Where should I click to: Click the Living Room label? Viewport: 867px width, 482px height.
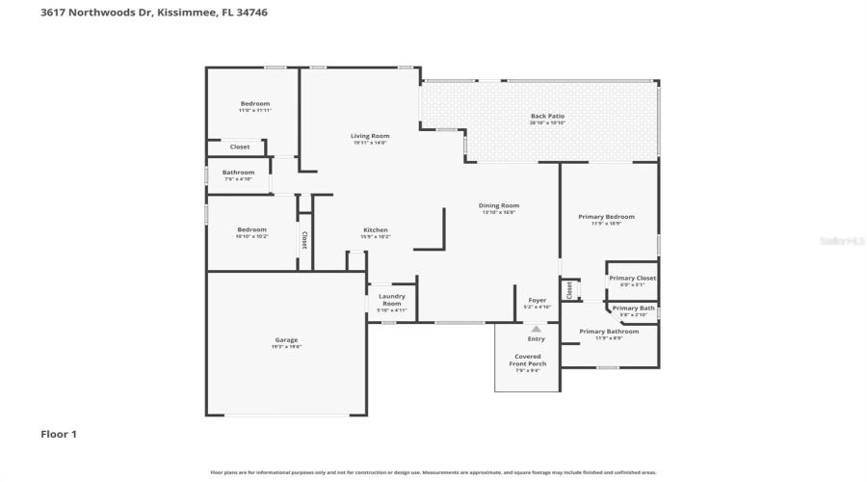pos(370,136)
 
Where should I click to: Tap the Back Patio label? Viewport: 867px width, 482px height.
pos(547,117)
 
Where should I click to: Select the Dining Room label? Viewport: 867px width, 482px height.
pos(499,205)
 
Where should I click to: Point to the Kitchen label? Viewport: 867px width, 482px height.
pos(375,230)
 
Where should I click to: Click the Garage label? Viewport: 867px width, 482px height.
pos(286,340)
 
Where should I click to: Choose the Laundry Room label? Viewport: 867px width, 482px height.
pos(391,300)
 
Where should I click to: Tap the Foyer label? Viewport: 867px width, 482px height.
pos(537,300)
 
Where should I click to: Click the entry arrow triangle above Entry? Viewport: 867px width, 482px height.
pos(537,329)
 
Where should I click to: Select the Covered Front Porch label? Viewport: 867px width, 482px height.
pos(527,360)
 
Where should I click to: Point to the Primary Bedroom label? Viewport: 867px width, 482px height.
pos(606,217)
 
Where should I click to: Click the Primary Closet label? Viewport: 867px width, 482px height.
pos(632,279)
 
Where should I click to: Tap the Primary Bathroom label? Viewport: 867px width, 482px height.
pos(608,332)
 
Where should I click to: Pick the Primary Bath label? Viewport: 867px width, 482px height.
pos(633,308)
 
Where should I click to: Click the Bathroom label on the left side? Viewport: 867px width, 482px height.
pos(238,173)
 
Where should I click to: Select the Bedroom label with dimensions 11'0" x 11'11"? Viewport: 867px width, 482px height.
pos(255,104)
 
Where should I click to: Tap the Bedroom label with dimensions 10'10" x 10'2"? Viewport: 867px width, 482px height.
pos(251,229)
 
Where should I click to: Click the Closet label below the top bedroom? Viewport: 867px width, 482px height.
pos(240,147)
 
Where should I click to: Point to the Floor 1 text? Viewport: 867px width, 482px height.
pos(58,435)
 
